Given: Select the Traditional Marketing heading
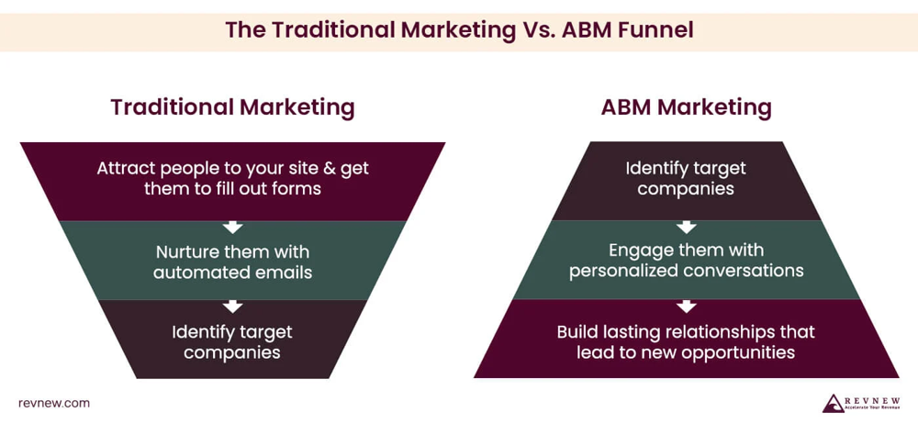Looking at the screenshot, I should point(232,107).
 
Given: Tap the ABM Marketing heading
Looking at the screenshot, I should point(686,107).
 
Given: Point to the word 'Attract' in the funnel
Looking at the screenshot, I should point(127,169).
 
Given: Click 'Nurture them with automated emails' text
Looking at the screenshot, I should point(232,262).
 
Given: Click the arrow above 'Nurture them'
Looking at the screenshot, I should point(232,226).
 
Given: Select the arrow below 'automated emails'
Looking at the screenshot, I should point(232,306).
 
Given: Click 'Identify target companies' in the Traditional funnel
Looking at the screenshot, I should point(232,341).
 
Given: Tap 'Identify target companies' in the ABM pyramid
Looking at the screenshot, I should point(686,179).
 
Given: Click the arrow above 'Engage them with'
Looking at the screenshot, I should point(686,226).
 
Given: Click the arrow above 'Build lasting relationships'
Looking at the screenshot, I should point(686,306).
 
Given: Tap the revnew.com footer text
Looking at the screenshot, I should point(54,404).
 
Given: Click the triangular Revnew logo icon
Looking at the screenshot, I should point(833,403).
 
